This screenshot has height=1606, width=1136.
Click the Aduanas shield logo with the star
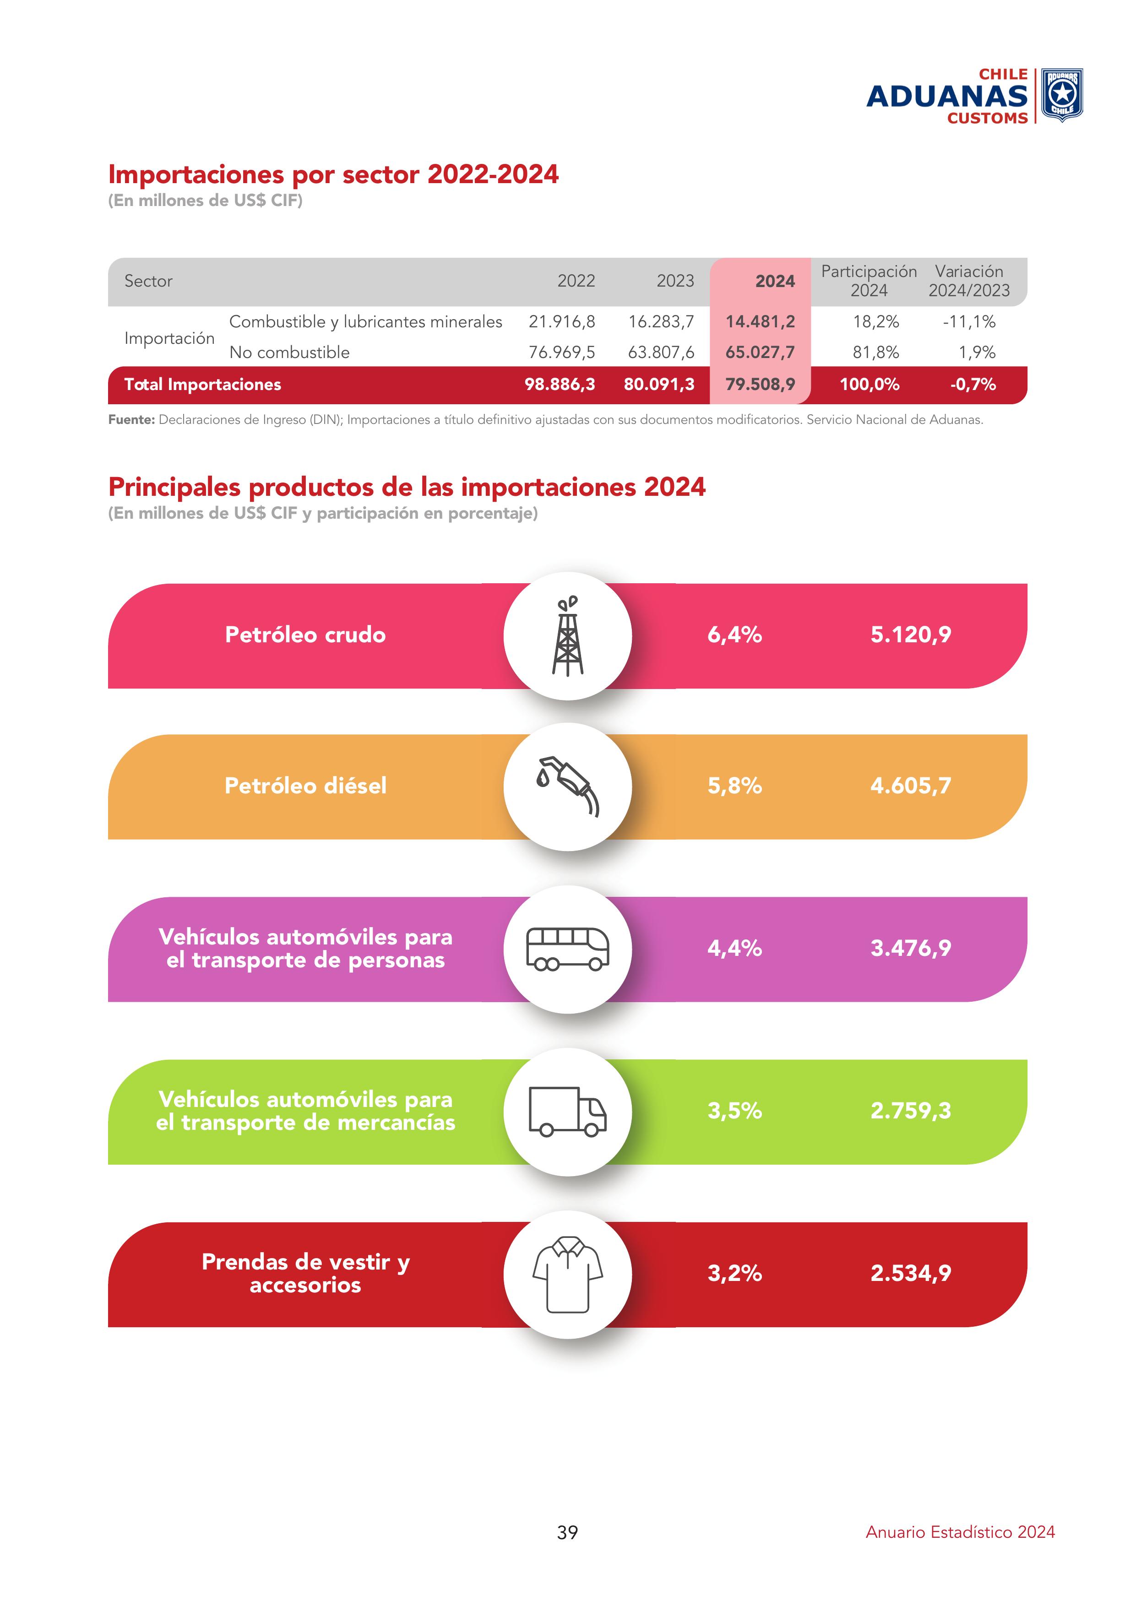point(1062,95)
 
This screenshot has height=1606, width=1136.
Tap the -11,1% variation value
point(969,322)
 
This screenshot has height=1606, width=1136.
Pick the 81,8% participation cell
point(876,353)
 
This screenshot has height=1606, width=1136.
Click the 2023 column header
point(675,281)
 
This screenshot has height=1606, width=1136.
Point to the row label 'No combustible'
point(289,353)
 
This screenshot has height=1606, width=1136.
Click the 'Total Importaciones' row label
point(202,385)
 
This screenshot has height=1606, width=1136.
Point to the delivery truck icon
point(567,1112)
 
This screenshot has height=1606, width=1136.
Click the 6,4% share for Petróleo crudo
point(734,635)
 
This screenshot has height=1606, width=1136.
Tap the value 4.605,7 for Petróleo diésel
point(910,786)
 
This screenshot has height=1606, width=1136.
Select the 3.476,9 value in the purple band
point(910,949)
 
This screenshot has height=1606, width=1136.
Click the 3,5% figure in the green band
point(734,1111)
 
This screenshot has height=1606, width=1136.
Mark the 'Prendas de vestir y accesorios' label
point(306,1273)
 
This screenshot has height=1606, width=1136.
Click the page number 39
point(567,1533)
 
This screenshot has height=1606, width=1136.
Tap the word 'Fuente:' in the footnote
point(131,420)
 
